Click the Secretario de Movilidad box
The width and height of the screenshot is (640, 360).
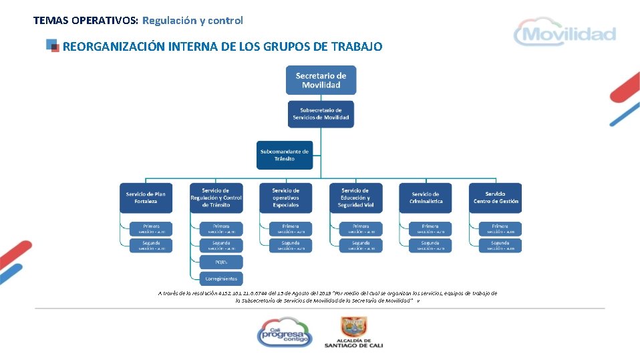[x=321, y=80]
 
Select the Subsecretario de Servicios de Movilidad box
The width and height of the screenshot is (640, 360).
[x=321, y=114]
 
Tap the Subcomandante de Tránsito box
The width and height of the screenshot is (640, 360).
[x=285, y=155]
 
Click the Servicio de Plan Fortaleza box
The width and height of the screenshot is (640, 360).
[x=146, y=198]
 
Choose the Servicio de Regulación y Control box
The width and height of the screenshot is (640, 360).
[x=216, y=198]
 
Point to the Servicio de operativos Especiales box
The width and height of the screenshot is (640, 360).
[x=286, y=198]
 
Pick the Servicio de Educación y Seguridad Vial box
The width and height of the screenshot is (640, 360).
[x=355, y=198]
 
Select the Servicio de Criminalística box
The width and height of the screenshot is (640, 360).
[x=426, y=198]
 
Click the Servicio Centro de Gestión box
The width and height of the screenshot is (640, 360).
[x=495, y=198]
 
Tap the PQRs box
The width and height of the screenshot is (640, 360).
[x=221, y=262]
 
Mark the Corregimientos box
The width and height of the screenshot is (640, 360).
[x=221, y=278]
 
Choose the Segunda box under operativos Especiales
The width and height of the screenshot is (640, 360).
[x=291, y=245]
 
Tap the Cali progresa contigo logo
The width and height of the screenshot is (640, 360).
[x=285, y=331]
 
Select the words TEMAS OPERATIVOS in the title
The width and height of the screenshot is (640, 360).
[x=86, y=20]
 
